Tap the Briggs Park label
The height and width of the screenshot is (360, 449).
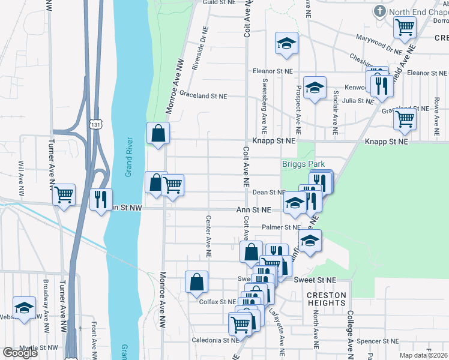point(300,164)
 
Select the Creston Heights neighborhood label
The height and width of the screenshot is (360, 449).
point(327,299)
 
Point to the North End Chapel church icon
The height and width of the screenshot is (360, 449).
point(379,11)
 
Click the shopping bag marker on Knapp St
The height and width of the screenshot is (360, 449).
point(158,134)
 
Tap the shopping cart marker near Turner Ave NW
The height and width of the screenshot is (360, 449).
point(63,195)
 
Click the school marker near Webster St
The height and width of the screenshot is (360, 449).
point(25,308)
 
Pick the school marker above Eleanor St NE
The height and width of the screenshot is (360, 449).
point(286,43)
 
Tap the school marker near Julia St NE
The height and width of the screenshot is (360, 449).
point(315,88)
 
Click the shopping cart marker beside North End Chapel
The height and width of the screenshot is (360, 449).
point(405,27)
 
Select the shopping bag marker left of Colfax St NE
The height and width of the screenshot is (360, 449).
point(197,282)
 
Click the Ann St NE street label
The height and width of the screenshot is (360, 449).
point(253,209)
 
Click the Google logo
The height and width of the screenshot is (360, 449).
point(20,353)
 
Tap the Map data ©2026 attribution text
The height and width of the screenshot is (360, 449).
point(423,355)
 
